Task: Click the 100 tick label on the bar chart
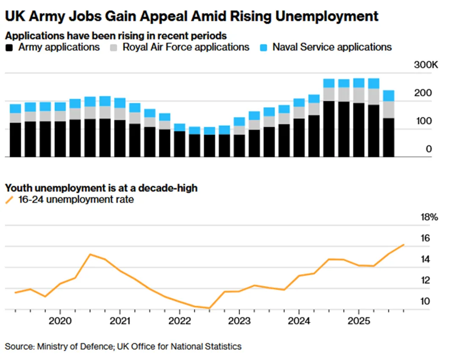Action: [423, 121]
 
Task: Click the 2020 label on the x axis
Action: [60, 320]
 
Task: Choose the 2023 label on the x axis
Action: [239, 320]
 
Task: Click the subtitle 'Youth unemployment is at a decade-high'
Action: [101, 188]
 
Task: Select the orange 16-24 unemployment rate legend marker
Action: [9, 199]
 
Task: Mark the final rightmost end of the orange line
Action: [404, 245]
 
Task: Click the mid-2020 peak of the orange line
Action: [90, 254]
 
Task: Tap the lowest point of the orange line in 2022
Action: [209, 308]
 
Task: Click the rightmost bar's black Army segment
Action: [388, 137]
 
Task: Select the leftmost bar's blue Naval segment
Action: [15, 108]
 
